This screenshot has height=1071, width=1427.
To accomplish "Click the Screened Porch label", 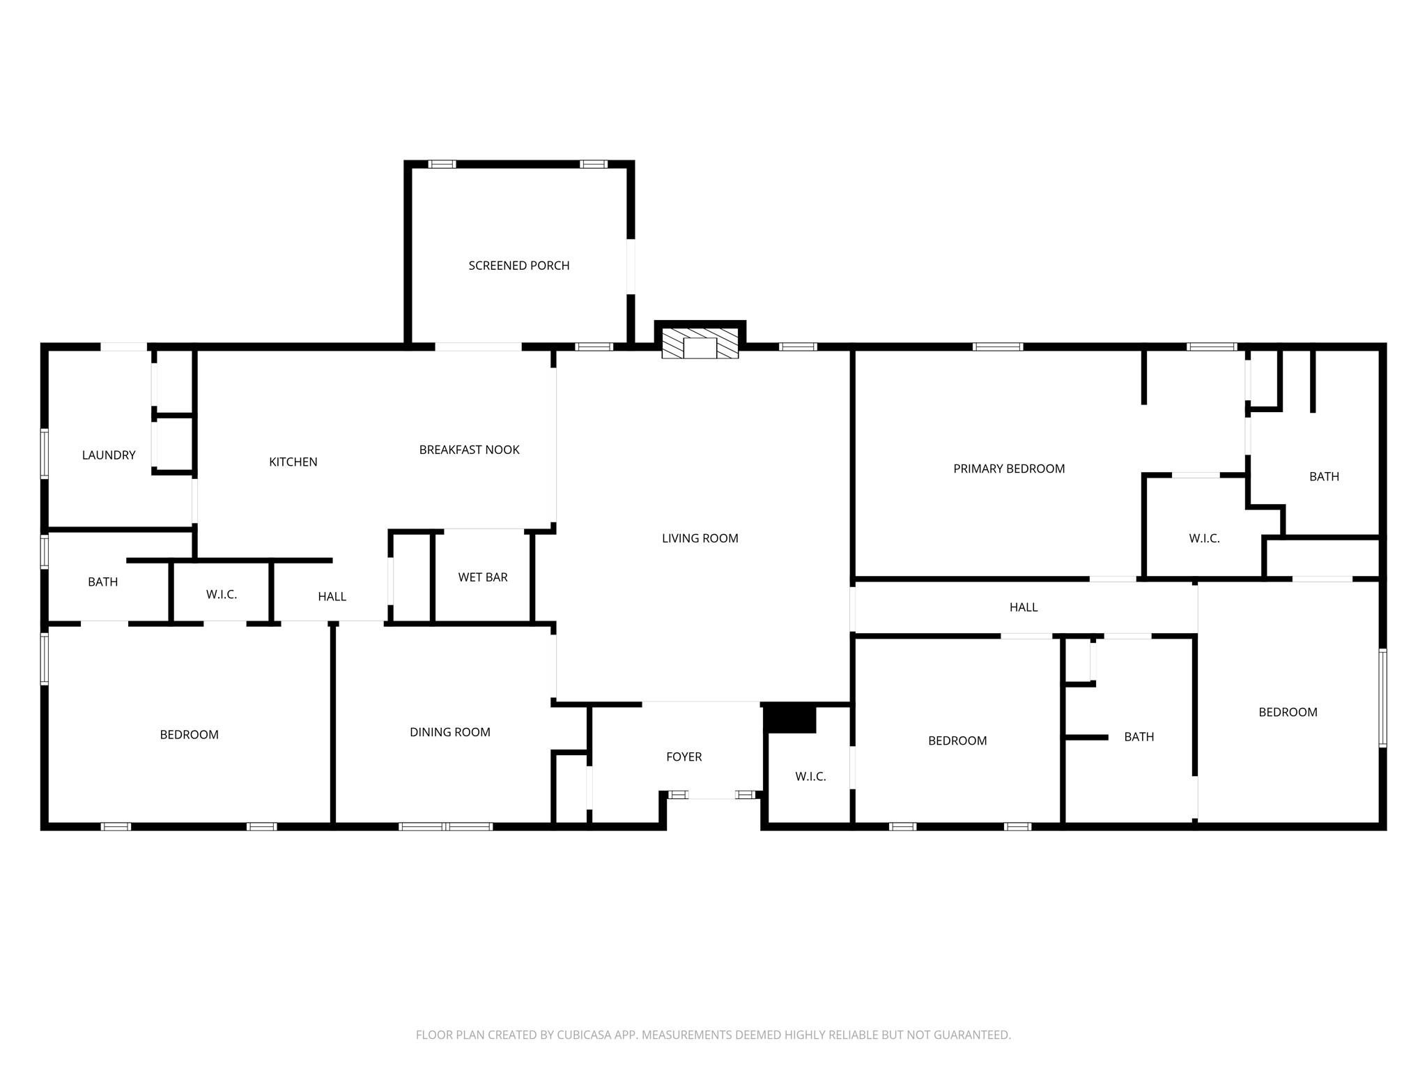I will tap(518, 266).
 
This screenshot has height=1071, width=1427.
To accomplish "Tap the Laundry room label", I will tap(109, 455).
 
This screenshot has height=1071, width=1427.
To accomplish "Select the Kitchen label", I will tap(293, 462).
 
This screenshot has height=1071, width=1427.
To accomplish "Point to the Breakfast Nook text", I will tap(469, 450).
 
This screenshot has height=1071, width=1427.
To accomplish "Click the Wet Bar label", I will tap(482, 577).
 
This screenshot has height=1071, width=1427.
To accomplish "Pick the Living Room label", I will tap(700, 538).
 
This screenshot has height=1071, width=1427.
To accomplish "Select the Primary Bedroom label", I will tap(1008, 469).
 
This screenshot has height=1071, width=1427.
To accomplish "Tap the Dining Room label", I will tap(449, 732).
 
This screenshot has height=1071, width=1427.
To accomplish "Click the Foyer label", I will tap(684, 757).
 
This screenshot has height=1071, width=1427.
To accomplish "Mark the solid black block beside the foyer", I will tap(790, 719).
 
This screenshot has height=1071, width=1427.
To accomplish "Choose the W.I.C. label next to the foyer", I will tap(810, 777).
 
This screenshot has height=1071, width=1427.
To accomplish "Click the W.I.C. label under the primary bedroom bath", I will tap(1203, 539).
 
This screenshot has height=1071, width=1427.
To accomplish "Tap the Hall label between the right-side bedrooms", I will tap(1023, 608).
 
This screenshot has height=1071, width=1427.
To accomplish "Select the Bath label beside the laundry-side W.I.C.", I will tap(102, 582).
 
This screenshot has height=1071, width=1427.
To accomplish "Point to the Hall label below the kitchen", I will tap(332, 597).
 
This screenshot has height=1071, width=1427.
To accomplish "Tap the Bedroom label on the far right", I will tap(1287, 713).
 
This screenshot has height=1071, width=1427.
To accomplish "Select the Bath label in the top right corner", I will tap(1323, 477).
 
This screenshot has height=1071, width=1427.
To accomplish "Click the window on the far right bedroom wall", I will tap(1382, 697).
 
